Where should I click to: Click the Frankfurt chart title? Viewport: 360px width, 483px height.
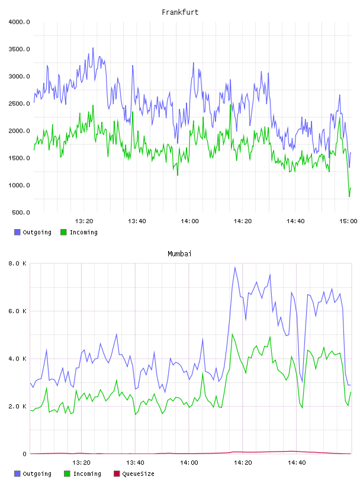[180, 12]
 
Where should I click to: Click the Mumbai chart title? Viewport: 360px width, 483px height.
[179, 254]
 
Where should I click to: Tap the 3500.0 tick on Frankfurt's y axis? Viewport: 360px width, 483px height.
[19, 49]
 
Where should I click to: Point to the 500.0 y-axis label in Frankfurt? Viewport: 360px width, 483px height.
[21, 212]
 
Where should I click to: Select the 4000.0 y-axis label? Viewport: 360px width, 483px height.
[19, 22]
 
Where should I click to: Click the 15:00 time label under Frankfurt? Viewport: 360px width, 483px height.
[348, 221]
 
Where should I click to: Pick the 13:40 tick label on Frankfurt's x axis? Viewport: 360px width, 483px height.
[137, 221]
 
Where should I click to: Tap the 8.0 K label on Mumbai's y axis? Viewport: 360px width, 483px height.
[17, 263]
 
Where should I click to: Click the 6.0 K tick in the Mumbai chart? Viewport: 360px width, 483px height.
[17, 311]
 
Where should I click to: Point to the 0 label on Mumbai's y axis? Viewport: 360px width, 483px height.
[25, 454]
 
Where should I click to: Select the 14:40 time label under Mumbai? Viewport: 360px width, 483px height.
[297, 463]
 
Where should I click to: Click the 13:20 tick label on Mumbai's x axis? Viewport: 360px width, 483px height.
[81, 463]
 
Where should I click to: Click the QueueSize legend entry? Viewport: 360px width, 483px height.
[139, 474]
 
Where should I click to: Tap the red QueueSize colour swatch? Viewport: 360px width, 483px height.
[117, 474]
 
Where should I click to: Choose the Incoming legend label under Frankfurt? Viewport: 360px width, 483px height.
[83, 232]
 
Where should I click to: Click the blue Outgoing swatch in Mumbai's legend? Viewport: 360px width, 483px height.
[17, 474]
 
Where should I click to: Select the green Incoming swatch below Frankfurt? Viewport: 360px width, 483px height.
[63, 232]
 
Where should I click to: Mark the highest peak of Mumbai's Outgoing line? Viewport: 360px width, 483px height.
[235, 268]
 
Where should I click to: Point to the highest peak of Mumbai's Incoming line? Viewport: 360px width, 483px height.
[232, 334]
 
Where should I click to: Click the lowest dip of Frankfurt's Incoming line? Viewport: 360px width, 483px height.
[349, 197]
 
